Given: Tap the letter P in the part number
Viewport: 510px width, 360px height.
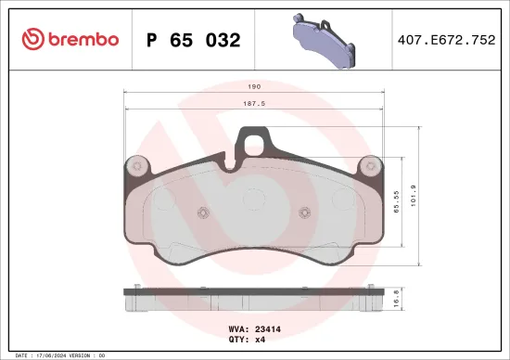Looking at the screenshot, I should [x=154, y=40].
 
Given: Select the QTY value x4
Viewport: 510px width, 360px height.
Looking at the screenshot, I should [x=261, y=339].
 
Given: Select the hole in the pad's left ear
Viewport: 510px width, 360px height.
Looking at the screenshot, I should [x=137, y=166].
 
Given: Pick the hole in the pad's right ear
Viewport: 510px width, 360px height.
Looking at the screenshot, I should [x=371, y=166].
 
